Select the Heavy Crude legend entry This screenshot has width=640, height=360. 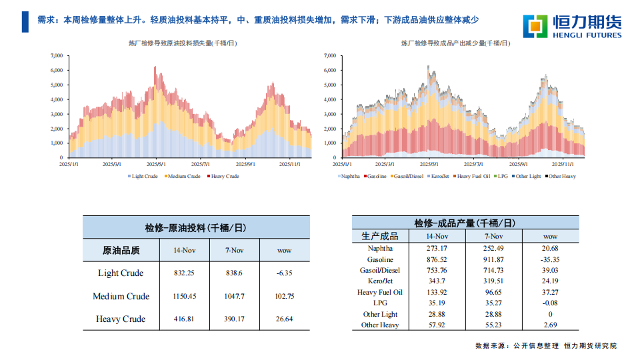(x=224, y=176)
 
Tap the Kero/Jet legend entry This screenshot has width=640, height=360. (x=439, y=176)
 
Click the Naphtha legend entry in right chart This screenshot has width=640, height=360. (x=350, y=176)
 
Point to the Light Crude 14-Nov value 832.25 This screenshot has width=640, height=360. (x=184, y=273)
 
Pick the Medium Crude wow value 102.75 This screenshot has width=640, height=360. (x=285, y=296)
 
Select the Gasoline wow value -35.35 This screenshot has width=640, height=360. (x=550, y=259)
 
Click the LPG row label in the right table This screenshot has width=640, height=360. (x=380, y=303)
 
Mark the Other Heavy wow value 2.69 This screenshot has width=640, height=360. (x=550, y=325)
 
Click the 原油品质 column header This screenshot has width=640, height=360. (x=121, y=251)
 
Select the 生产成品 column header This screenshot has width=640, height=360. (x=380, y=236)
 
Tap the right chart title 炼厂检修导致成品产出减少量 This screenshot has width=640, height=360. (x=455, y=43)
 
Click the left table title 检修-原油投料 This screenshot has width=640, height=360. (x=196, y=227)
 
